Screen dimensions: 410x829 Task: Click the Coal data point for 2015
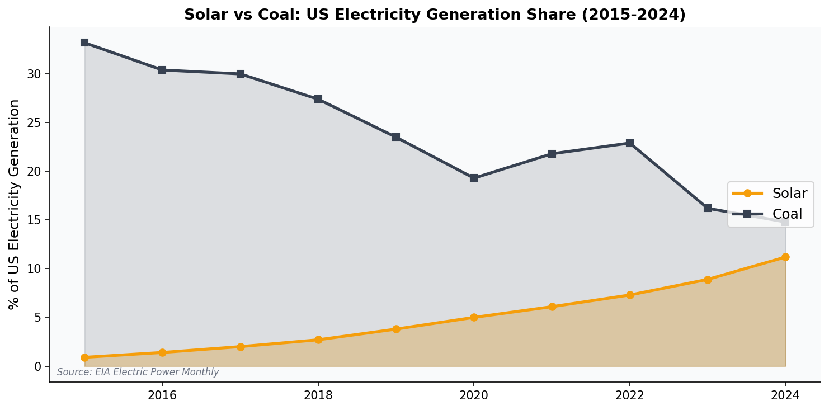[84, 43]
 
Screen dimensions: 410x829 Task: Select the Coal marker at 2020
[474, 178]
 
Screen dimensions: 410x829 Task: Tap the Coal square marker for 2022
[630, 143]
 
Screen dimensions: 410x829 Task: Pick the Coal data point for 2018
[318, 99]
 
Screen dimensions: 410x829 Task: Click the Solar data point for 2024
[785, 257]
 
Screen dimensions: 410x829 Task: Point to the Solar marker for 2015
[84, 357]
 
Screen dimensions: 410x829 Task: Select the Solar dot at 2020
[474, 317]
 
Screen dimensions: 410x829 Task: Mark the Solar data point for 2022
[630, 295]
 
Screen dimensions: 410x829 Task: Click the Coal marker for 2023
[708, 208]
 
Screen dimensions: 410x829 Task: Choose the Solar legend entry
[770, 194]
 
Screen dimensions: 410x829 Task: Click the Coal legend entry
[770, 214]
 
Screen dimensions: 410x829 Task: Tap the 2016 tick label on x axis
[162, 396]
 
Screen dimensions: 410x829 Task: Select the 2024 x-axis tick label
[785, 396]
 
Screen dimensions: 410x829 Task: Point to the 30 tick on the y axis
[35, 74]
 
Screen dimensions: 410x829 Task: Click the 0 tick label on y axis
[38, 366]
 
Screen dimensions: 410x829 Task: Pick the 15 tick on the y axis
[35, 220]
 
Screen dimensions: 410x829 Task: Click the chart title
[435, 15]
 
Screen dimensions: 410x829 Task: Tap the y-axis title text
[15, 204]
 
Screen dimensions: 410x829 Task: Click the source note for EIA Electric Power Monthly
[138, 373]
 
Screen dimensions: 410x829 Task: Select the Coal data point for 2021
[552, 154]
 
